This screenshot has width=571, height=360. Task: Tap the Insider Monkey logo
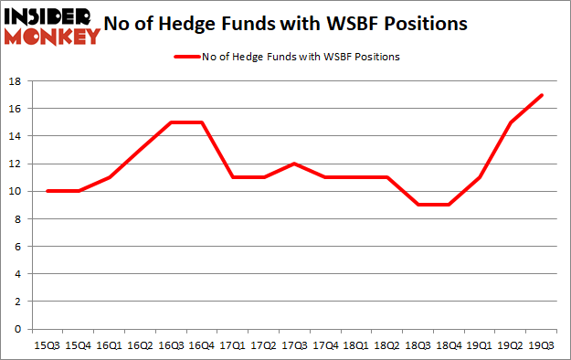[x=51, y=26]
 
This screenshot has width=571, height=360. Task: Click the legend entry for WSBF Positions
[x=285, y=57]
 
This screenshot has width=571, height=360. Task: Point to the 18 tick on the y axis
[x=16, y=81]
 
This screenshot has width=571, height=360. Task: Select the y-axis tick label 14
[x=16, y=136]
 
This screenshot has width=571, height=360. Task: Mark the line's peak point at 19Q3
[x=542, y=95]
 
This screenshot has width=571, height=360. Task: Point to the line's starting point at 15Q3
[x=48, y=191]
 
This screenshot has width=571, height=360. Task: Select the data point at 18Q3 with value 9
[x=417, y=205]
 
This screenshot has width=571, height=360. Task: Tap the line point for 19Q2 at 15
[x=511, y=122]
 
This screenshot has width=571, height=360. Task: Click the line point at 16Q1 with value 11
[x=109, y=177]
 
